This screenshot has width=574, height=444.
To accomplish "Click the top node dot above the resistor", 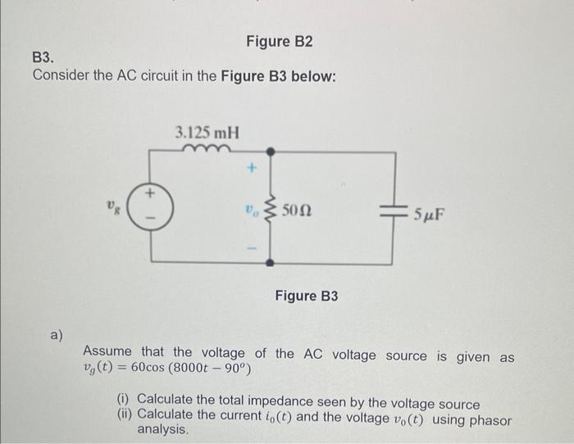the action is tap(272, 151).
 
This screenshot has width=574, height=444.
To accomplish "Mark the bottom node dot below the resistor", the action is tap(272, 262).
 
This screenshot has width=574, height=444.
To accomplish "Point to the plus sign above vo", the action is tap(254, 170).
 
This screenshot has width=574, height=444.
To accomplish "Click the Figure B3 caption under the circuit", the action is tap(306, 295).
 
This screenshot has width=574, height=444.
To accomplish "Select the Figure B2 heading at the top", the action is tap(280, 41).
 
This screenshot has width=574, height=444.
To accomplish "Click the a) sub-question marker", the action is tap(57, 333).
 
